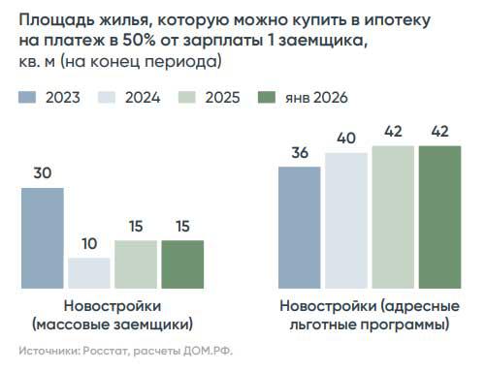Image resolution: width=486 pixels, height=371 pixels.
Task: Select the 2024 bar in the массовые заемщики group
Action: pyautogui.click(x=89, y=273)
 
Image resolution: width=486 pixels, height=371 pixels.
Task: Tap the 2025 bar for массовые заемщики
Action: pyautogui.click(x=136, y=264)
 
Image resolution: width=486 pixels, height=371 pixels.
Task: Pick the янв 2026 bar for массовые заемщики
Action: pyautogui.click(x=182, y=264)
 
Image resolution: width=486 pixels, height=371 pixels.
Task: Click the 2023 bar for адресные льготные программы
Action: pyautogui.click(x=301, y=228)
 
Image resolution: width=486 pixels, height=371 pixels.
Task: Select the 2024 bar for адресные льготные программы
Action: pyautogui.click(x=347, y=221)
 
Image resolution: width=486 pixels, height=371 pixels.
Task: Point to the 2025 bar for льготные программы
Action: pyautogui.click(x=394, y=217)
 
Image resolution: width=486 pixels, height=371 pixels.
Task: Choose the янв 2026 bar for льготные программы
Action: pyautogui.click(x=440, y=217)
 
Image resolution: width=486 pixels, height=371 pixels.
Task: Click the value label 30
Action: pyautogui.click(x=43, y=173)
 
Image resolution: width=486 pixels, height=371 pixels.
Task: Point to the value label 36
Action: pyautogui.click(x=301, y=152)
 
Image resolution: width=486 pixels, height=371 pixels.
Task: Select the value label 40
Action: pyautogui.click(x=347, y=139)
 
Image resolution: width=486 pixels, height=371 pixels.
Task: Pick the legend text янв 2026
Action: pyautogui.click(x=316, y=97)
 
